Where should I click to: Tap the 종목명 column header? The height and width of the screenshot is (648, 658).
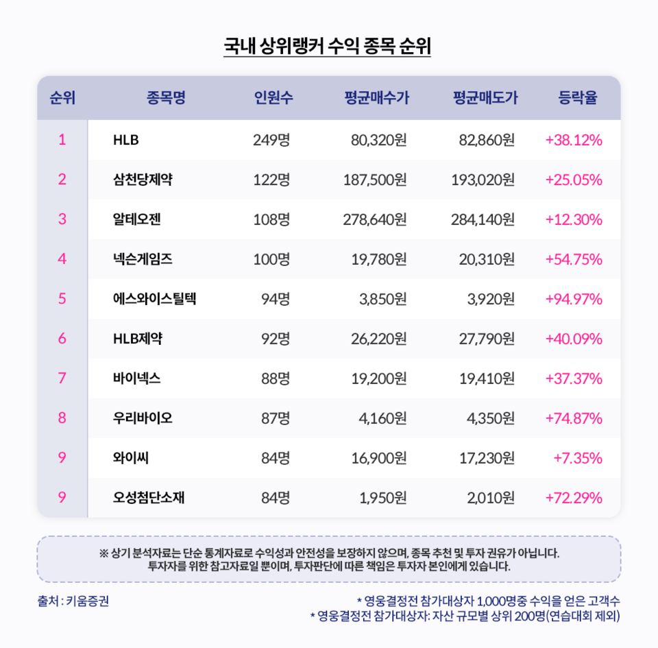(x=165, y=98)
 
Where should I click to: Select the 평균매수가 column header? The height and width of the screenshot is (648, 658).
(x=376, y=98)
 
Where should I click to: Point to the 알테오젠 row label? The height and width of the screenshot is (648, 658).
(x=137, y=220)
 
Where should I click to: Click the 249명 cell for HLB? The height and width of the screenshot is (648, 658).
(x=271, y=141)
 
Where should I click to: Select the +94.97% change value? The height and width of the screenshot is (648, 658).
(x=574, y=300)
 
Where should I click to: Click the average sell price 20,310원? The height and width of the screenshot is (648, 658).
(x=488, y=260)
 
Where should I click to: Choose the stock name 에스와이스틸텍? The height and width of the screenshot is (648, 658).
(x=154, y=300)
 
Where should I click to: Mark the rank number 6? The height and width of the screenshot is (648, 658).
(x=62, y=339)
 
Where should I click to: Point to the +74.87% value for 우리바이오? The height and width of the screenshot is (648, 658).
(x=574, y=418)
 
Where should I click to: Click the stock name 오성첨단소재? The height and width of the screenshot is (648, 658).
(x=149, y=498)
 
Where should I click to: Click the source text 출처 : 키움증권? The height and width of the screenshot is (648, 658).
(x=73, y=601)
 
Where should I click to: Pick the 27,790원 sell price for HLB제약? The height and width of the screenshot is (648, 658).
(x=488, y=339)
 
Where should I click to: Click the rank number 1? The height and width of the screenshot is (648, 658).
(x=62, y=141)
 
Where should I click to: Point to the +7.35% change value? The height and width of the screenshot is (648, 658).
(x=578, y=458)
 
